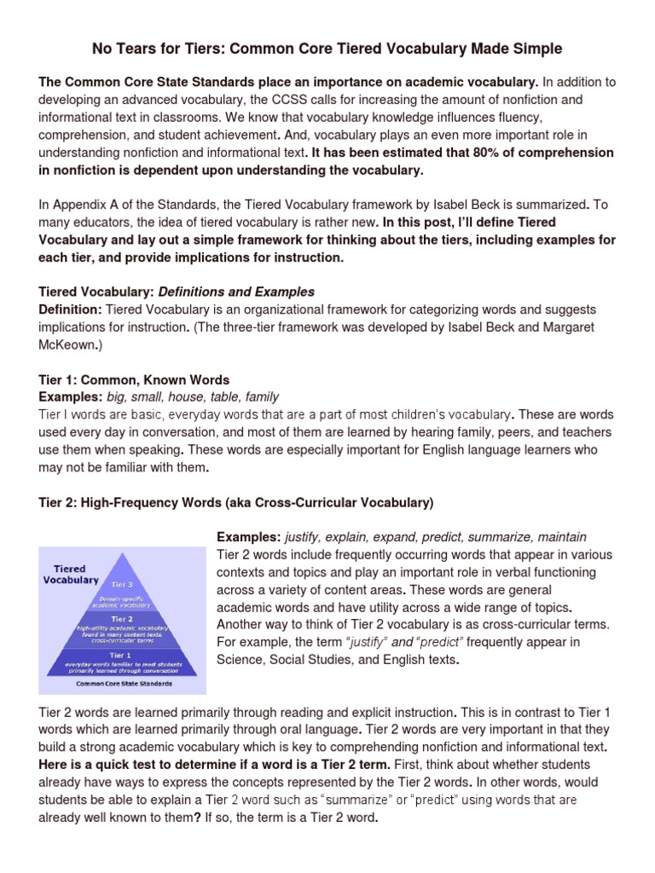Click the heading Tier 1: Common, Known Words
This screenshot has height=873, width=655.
(x=134, y=379)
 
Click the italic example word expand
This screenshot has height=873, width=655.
(x=381, y=537)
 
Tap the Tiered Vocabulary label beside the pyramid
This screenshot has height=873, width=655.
(x=71, y=574)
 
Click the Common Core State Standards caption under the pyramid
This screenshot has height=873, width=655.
(x=124, y=684)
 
